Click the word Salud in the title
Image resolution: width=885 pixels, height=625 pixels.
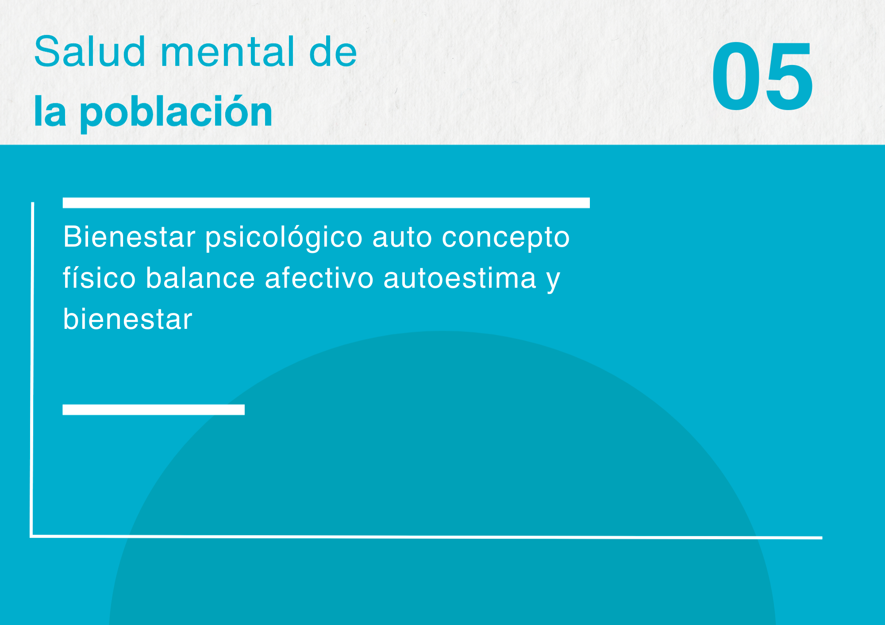point(90,52)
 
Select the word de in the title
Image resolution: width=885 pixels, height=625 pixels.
point(333,52)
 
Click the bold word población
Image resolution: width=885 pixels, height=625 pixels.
point(176,113)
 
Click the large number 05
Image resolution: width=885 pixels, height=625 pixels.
point(762,76)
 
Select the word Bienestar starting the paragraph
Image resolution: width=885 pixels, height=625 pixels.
point(129,237)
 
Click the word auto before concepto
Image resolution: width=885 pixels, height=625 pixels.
point(402,238)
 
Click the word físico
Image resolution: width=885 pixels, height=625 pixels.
point(99,278)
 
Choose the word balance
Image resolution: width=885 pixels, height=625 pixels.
point(200,278)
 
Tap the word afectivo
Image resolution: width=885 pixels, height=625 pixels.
point(319,278)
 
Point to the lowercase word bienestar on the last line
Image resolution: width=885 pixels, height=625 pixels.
point(127,319)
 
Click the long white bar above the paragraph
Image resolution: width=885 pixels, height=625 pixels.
point(326,203)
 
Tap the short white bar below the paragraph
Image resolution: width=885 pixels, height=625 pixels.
point(154,410)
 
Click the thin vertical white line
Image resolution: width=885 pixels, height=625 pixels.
point(32,370)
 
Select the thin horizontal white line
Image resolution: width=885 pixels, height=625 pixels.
point(426,537)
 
